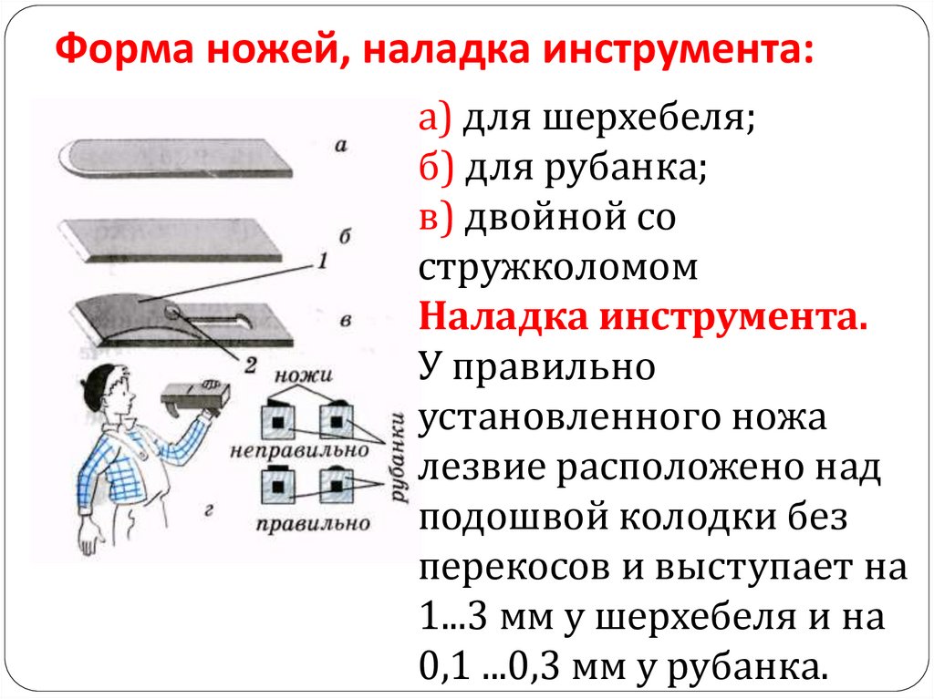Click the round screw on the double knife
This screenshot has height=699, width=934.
tap(172, 313)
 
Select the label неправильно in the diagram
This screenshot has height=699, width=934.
tap(299, 450)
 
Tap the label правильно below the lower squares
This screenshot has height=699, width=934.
tap(312, 522)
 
